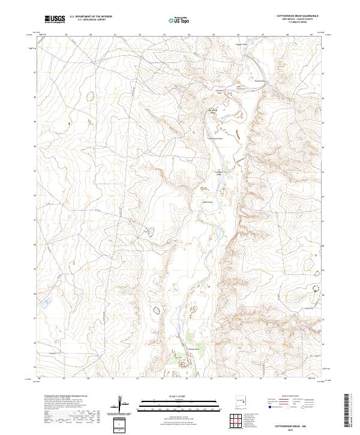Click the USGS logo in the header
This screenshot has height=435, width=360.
[x=55, y=19]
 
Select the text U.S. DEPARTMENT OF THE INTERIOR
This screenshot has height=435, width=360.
[x=91, y=17]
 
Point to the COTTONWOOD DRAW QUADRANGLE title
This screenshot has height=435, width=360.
[x=298, y=16]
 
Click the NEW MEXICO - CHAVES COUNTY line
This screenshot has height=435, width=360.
[x=298, y=19]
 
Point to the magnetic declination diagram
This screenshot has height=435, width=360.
[x=121, y=403]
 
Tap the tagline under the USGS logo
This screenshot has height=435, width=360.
[x=53, y=22]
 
